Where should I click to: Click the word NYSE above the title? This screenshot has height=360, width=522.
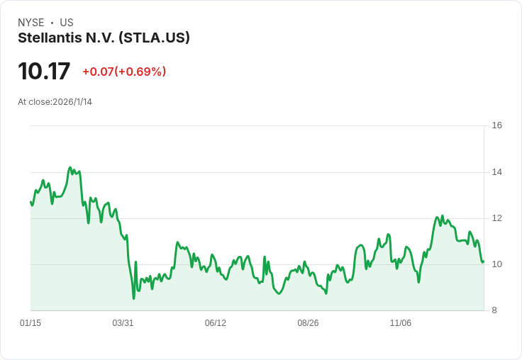[31, 23]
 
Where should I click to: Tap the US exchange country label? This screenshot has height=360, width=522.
[67, 23]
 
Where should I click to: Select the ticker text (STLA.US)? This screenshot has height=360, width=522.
[154, 38]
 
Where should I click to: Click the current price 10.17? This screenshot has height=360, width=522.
[44, 71]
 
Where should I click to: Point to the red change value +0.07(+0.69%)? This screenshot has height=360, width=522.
[124, 72]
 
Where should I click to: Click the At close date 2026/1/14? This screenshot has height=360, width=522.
[72, 102]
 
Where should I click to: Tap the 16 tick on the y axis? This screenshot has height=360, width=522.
[497, 125]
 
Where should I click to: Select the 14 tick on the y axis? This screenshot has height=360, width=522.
[497, 172]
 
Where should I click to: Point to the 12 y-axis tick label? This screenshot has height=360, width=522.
[497, 218]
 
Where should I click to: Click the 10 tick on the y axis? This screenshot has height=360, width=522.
[497, 264]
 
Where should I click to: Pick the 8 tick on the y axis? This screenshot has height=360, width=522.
[494, 310]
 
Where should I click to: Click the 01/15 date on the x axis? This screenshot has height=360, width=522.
[30, 323]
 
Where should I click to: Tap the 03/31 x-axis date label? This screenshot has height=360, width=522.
[123, 323]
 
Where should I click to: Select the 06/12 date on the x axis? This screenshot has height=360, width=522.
[216, 323]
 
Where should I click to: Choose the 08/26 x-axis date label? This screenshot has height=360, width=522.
[308, 323]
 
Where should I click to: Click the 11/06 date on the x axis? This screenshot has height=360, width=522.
[401, 323]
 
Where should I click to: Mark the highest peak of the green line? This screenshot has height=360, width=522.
[70, 167]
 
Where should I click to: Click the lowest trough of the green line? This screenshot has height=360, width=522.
[134, 298]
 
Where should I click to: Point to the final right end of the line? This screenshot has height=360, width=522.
[483, 261]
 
